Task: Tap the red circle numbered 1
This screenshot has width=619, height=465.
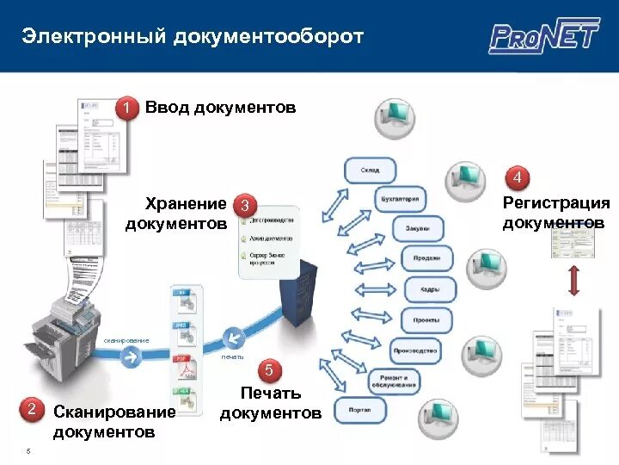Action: pos(127,108)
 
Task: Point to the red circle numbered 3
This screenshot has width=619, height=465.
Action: pos(246,207)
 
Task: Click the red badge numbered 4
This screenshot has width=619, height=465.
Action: pos(518,177)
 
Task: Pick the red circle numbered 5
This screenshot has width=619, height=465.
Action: pos(269,370)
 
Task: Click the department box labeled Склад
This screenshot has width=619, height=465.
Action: pos(371,170)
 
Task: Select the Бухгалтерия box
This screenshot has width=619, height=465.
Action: pos(401,200)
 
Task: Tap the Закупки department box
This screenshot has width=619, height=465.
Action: pos(419,229)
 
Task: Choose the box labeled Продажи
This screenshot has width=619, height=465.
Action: pos(426,258)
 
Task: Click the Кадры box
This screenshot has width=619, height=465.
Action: pos(428,289)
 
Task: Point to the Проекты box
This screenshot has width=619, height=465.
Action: pos(425,319)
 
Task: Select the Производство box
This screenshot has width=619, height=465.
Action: pos(415,350)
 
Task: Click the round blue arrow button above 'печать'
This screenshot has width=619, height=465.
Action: pos(232,337)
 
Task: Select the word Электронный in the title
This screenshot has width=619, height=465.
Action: pos(94,36)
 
